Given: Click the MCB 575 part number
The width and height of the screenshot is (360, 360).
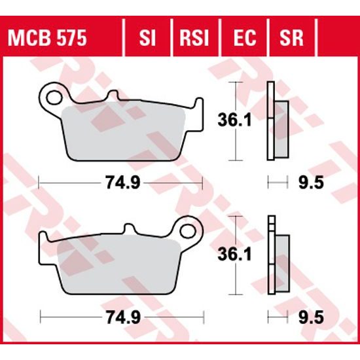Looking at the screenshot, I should tap(46, 38).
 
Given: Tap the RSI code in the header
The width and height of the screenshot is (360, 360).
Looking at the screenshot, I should tap(194, 38).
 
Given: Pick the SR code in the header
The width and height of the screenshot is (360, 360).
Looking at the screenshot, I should tap(292, 38).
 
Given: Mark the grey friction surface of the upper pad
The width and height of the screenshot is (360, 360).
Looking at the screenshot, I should tap(131, 131).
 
